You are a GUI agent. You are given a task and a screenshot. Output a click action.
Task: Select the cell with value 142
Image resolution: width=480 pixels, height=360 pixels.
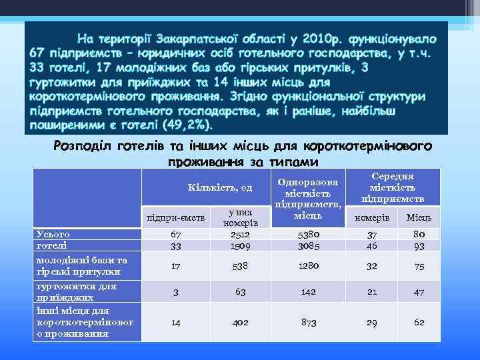pos(307,291)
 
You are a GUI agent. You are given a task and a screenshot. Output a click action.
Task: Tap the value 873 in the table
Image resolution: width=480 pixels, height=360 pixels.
pos(307,322)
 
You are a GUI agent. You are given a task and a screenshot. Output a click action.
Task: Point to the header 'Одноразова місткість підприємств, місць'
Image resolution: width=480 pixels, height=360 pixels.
pos(307,198)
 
